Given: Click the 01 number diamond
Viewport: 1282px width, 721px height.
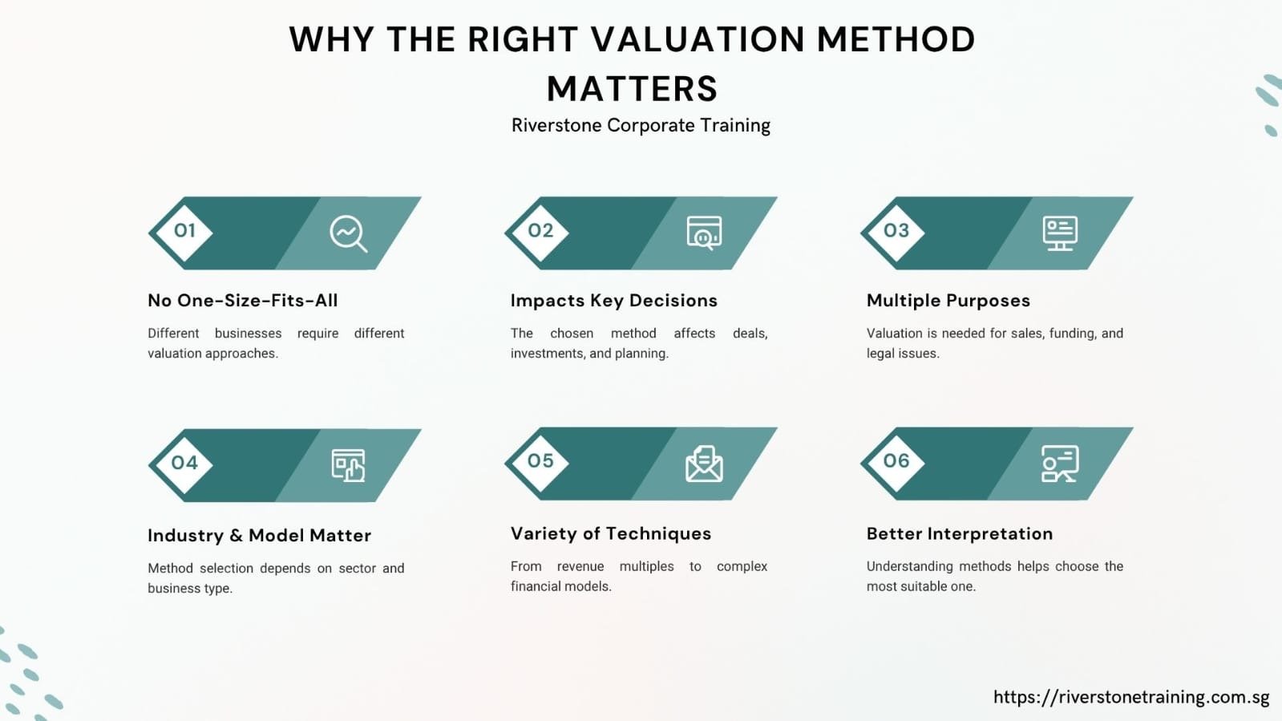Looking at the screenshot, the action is pyautogui.click(x=184, y=233).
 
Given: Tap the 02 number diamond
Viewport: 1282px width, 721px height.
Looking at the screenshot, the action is pyautogui.click(x=540, y=233).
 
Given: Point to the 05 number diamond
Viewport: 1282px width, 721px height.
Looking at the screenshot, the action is pyautogui.click(x=540, y=463).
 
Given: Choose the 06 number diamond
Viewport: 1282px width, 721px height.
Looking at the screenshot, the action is pyautogui.click(x=896, y=463).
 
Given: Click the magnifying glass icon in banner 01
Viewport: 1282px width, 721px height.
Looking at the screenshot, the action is pyautogui.click(x=348, y=233).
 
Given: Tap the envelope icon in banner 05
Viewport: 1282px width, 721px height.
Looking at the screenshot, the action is pyautogui.click(x=704, y=464).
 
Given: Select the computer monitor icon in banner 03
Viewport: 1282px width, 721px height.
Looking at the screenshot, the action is pyautogui.click(x=1060, y=233).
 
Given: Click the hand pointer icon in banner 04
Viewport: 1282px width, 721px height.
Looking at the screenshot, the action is pyautogui.click(x=348, y=466).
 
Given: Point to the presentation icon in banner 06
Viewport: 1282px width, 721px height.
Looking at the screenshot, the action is pyautogui.click(x=1060, y=464).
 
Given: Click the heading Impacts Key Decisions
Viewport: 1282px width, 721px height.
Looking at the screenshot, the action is pyautogui.click(x=613, y=301).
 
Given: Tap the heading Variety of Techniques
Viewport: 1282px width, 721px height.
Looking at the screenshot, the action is pyautogui.click(x=611, y=534).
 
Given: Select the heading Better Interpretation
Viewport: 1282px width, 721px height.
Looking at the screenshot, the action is pyautogui.click(x=959, y=534).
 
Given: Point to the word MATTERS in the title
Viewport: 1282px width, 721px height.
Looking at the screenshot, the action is pyautogui.click(x=632, y=89).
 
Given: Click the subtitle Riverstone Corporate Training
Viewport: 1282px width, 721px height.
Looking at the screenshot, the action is pyautogui.click(x=641, y=125).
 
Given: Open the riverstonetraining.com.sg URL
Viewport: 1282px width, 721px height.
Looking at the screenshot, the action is pyautogui.click(x=1131, y=697).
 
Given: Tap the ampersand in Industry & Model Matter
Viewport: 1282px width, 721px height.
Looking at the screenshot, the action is pyautogui.click(x=236, y=536).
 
